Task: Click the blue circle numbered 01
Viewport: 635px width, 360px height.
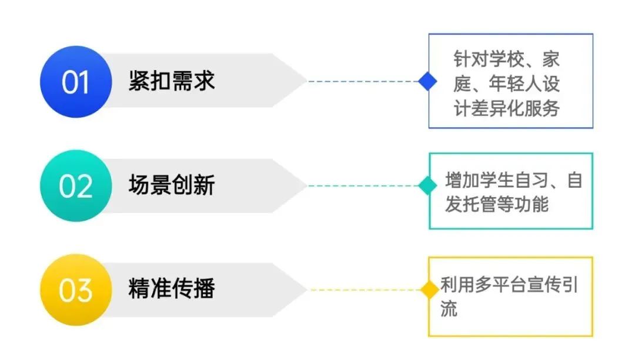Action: point(76,82)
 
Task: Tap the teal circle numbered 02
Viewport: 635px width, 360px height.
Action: point(76,186)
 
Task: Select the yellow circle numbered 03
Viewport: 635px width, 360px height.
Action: point(76,290)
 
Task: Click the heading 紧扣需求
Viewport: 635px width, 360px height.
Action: point(172,81)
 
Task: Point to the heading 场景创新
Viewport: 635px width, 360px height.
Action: point(172,185)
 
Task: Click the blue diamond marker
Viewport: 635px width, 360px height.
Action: point(427,81)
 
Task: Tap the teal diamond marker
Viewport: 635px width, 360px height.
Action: point(427,186)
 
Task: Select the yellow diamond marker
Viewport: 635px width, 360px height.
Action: point(427,290)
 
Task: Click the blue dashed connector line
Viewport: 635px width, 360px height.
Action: point(363,81)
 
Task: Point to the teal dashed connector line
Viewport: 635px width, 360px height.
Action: point(363,186)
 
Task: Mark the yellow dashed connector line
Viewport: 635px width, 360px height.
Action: point(363,290)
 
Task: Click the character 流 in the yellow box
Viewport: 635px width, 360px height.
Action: point(449,309)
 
